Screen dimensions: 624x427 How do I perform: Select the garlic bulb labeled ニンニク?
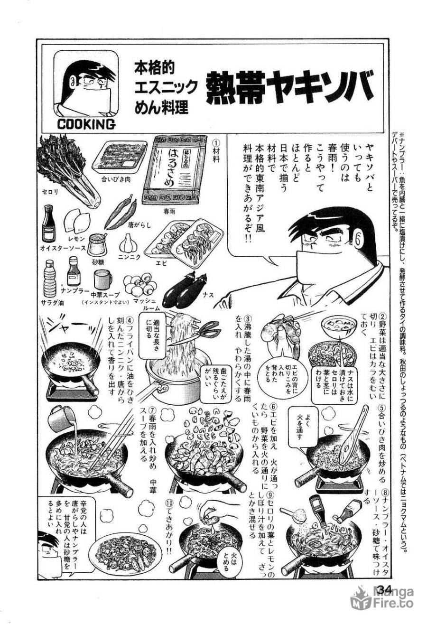coord(128,243)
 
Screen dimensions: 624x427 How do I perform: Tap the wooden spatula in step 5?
coord(352,432)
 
